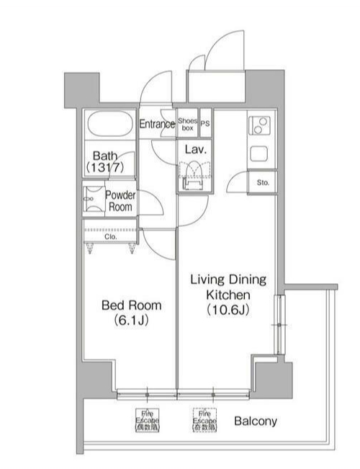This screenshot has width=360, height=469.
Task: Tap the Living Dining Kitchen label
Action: point(228,287)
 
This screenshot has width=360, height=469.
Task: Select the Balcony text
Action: point(255,421)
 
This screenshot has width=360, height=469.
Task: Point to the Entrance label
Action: point(157,124)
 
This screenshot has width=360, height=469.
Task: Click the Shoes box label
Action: point(187,124)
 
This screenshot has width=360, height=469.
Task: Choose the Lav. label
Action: point(196,150)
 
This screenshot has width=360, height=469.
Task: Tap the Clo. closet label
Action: point(109,236)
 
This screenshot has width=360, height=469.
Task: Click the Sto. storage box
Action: point(263,182)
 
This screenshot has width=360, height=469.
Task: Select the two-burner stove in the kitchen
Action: point(258,127)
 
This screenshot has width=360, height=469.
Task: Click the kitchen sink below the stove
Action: point(258,153)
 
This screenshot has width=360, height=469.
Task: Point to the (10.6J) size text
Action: point(228,310)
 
